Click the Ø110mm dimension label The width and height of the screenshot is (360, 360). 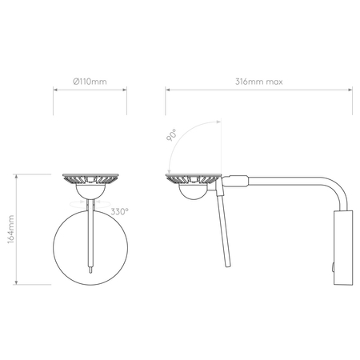click(90, 82)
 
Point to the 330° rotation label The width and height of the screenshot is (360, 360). click(120, 212)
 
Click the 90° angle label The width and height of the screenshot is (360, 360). click(172, 135)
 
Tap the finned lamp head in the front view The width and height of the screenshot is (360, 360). click(90, 177)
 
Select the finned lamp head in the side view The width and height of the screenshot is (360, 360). click(192, 177)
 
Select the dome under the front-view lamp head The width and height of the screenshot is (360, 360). click(90, 191)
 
